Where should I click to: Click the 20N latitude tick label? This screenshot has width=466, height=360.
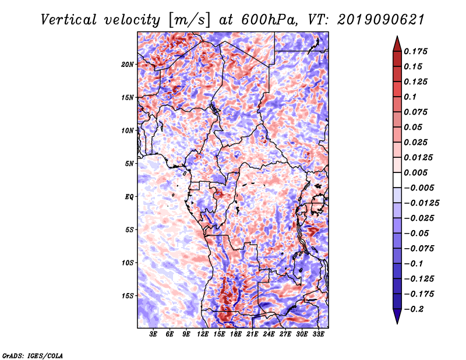127,65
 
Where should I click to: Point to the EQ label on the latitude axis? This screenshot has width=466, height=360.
129,197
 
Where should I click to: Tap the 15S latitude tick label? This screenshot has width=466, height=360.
128,296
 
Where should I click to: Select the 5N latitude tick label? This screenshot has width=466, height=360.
129,164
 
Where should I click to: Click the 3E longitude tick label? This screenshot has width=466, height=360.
153,334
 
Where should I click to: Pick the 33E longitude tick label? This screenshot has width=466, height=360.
318,334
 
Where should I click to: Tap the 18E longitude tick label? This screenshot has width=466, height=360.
236,334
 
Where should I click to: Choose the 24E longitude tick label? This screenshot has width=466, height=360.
269,334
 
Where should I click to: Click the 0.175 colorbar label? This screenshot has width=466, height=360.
415,51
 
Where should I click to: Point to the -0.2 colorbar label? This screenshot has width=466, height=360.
414,309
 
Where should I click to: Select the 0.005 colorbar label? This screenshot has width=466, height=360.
415,172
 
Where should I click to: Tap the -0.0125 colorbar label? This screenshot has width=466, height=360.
421,203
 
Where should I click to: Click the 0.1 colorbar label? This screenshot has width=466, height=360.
410,97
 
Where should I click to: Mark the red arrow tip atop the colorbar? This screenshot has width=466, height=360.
397,37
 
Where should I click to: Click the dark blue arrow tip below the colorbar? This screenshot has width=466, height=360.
397,323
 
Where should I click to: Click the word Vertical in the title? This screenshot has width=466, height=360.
68,20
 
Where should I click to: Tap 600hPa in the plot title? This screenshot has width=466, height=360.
269,20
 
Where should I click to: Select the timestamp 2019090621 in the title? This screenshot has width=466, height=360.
381,20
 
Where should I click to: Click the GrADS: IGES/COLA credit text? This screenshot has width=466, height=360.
33,356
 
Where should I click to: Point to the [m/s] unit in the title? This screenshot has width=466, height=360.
189,20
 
